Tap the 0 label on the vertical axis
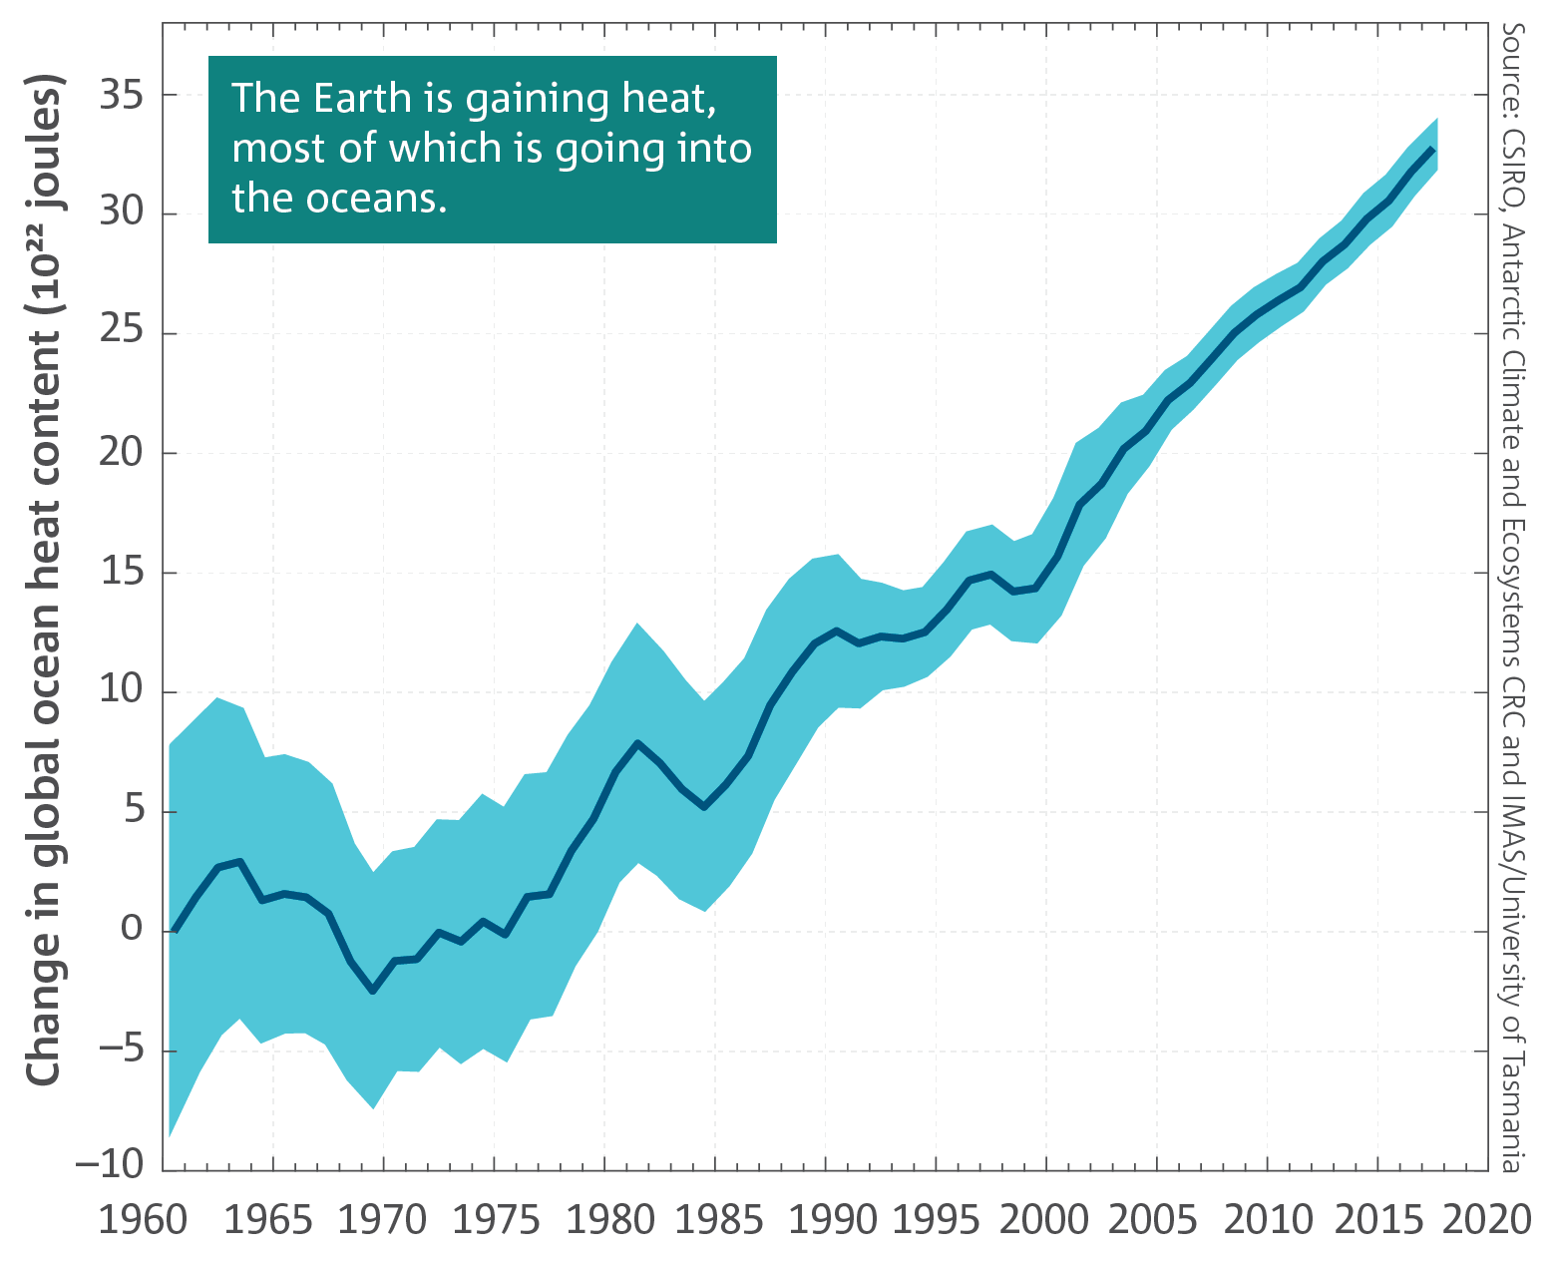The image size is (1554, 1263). [132, 930]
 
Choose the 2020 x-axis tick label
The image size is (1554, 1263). [1490, 1220]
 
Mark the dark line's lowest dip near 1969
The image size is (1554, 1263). [373, 991]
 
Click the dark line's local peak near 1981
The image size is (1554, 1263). [638, 743]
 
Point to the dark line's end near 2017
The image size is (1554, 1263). [1433, 149]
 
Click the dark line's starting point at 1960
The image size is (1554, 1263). [175, 930]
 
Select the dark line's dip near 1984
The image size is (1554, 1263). [704, 806]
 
